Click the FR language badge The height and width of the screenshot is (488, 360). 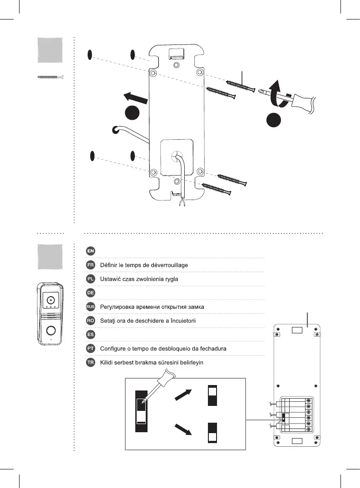(91, 265)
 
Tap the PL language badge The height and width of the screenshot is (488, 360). (91, 279)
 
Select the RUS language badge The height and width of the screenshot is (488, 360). (91, 307)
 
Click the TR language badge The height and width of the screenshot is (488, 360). (91, 362)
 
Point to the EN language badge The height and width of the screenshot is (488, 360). (91, 251)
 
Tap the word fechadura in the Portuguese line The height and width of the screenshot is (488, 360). (211, 348)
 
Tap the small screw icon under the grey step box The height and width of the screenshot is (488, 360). (50, 78)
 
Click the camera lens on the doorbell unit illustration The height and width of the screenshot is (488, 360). (50, 300)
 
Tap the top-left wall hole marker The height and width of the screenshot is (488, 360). (90, 55)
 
